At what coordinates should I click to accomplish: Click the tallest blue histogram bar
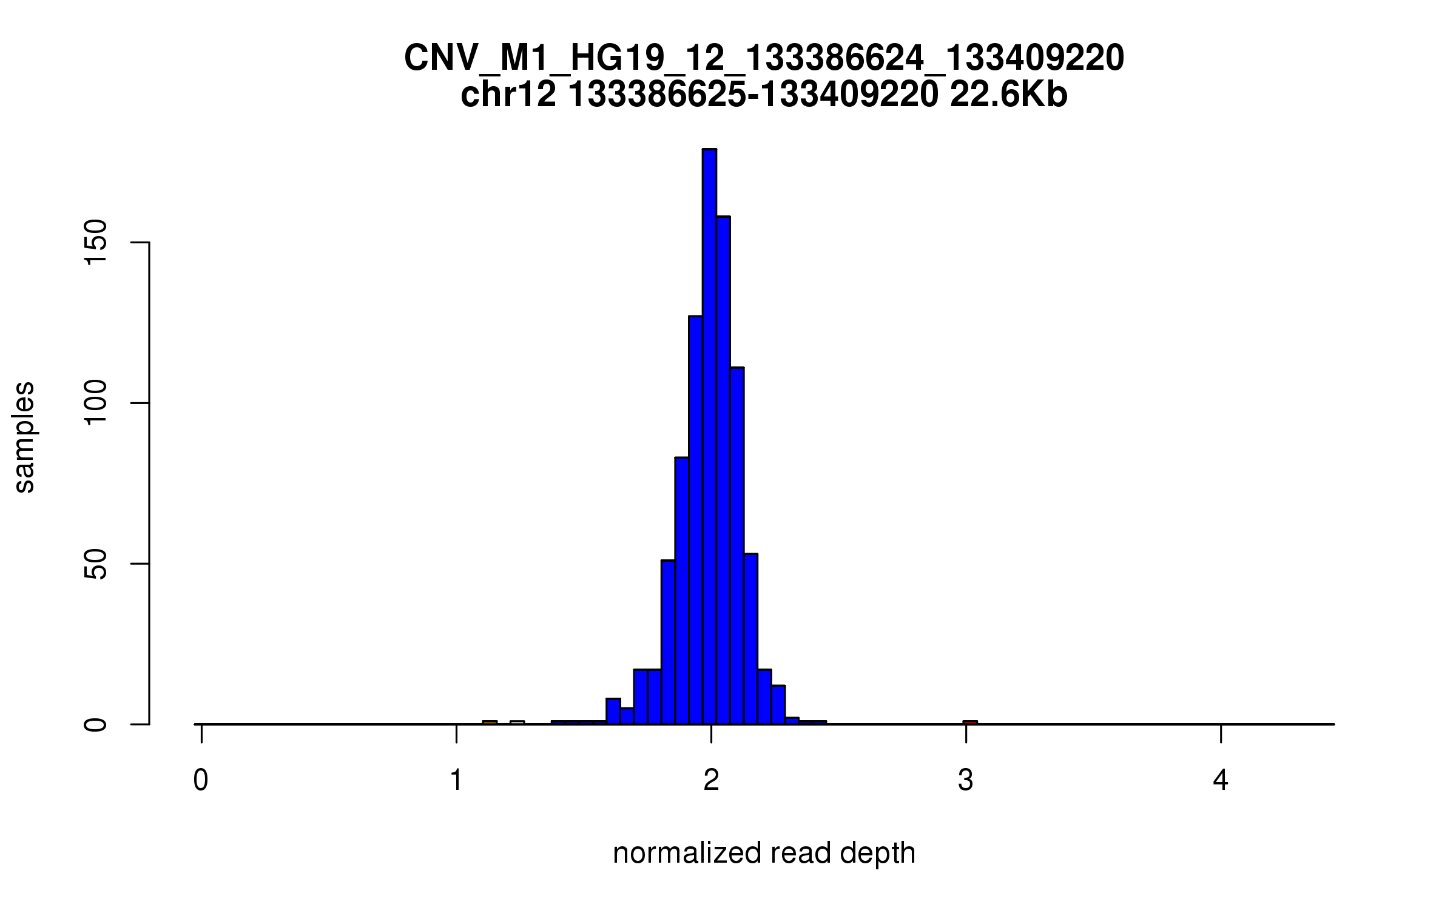pos(709,437)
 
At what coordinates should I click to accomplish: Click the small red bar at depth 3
pos(970,722)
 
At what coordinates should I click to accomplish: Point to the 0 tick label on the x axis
pos(201,781)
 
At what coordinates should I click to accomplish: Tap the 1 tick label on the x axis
pos(456,781)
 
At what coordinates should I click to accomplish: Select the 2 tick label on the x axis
pos(711,781)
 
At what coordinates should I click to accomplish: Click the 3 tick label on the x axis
pos(965,781)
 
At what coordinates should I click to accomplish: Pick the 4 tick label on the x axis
pos(1221,781)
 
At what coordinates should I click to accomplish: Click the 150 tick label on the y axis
pos(96,243)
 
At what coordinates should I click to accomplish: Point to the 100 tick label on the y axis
pos(96,403)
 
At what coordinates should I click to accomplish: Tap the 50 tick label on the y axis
pos(96,564)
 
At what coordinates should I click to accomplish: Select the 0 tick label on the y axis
pos(96,724)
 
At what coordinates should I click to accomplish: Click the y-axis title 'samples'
pos(25,437)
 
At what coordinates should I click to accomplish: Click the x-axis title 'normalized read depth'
pos(764,853)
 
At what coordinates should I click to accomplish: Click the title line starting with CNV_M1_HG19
pos(764,59)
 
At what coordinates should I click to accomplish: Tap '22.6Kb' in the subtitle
pos(1008,95)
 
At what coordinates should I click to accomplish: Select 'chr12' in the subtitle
pos(508,95)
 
